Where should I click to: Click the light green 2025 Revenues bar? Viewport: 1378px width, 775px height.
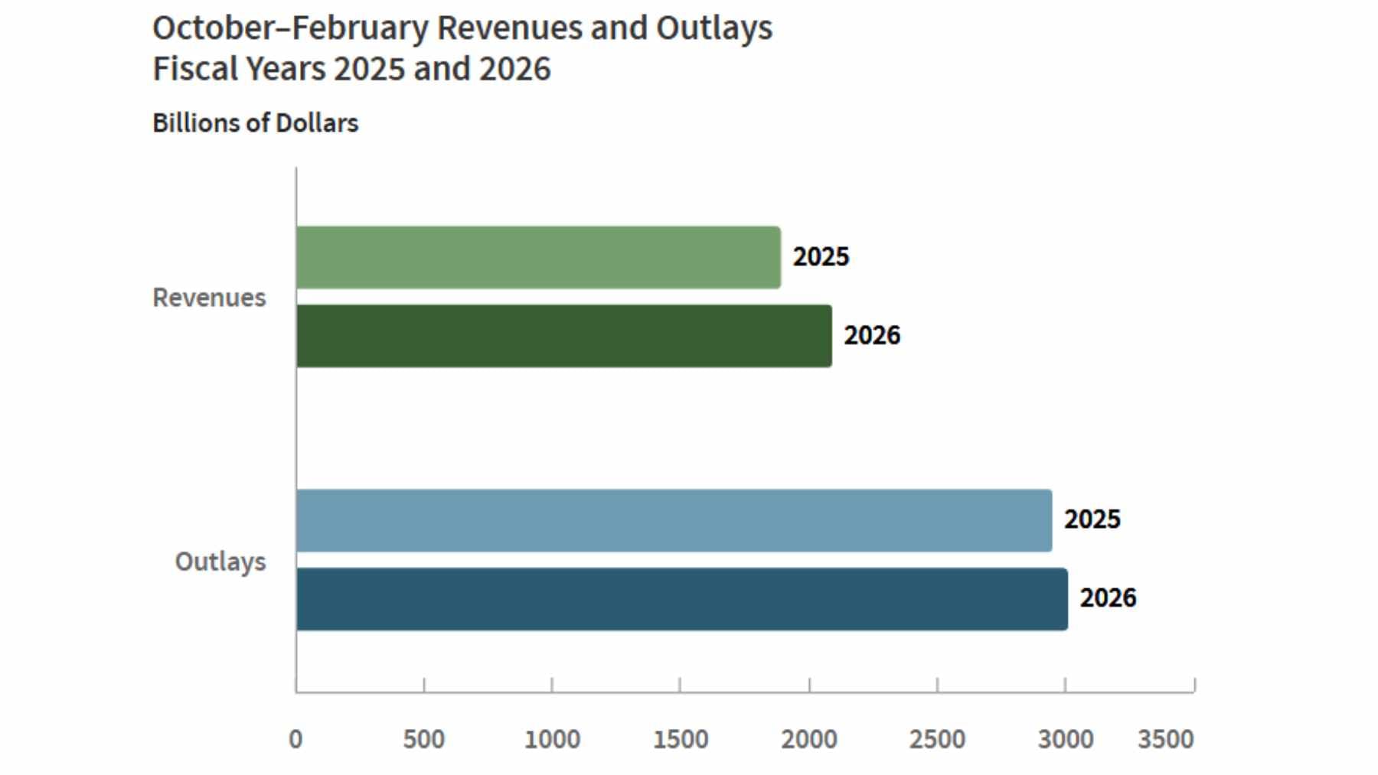(538, 257)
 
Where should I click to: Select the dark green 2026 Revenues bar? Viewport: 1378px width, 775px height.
(563, 336)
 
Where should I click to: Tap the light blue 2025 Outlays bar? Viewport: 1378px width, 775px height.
(674, 520)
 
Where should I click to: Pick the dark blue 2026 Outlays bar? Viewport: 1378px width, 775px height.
(681, 599)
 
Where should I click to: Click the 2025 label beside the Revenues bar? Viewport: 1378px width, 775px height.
(821, 256)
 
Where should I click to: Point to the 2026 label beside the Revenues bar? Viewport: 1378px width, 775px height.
(872, 335)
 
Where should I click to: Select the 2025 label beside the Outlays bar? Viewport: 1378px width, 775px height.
(1092, 519)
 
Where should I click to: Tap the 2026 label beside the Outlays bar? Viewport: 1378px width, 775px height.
(1108, 598)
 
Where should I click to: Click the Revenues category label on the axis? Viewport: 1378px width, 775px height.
(209, 297)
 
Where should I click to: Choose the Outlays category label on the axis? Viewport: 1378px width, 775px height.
(220, 562)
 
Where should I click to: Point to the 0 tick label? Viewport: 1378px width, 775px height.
(296, 740)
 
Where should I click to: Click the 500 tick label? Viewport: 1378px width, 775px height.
(423, 740)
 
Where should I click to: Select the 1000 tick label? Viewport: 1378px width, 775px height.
(552, 740)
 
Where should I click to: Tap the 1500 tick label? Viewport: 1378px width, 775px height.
(680, 740)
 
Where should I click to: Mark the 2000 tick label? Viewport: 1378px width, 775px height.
(808, 740)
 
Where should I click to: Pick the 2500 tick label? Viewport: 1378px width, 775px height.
(937, 740)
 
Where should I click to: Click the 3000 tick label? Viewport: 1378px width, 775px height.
(1065, 740)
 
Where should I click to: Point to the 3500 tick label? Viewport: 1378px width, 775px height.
(1165, 740)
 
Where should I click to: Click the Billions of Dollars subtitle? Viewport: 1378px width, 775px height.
(255, 123)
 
